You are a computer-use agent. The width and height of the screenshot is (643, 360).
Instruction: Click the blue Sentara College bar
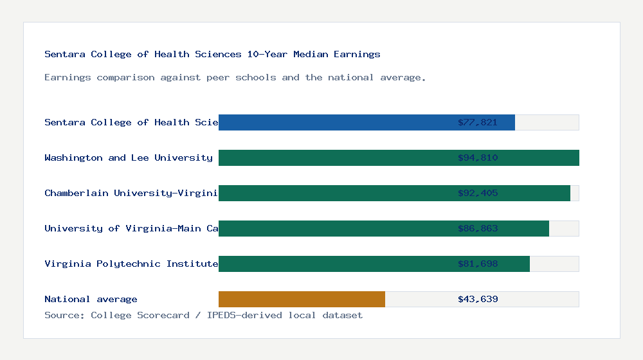coord(334,122)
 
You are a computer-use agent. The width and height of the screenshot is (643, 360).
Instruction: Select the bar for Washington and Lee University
coord(334,157)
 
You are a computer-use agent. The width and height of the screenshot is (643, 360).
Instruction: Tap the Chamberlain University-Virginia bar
coord(334,193)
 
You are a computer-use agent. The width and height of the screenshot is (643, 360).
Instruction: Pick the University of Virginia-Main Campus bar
coord(334,228)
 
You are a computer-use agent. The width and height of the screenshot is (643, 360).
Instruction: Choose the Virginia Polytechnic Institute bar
coord(334,264)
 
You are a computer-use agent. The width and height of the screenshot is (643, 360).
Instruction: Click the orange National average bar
coord(302,299)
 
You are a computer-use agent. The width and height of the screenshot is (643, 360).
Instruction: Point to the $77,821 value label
coord(478,122)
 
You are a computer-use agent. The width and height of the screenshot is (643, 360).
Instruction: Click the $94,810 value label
coord(478,157)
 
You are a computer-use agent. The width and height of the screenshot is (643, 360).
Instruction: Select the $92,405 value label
coord(478,193)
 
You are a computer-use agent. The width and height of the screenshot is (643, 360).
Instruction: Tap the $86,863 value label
coord(478,228)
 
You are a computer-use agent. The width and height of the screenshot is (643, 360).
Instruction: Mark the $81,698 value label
coord(478,264)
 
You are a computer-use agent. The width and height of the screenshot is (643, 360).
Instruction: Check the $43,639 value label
coord(478,299)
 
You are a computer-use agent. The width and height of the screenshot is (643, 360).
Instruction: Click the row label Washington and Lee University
coord(129,157)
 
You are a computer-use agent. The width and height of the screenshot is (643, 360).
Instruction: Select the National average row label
coord(91,299)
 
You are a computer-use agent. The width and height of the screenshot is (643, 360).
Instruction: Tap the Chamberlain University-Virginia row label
coord(131,193)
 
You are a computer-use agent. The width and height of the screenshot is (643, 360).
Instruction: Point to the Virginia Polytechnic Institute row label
coord(131,264)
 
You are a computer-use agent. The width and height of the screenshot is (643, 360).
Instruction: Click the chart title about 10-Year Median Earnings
coord(212,54)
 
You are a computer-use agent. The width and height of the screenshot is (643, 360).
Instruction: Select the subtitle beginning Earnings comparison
coord(235,77)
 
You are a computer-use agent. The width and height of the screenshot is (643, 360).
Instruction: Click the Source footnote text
coord(203,315)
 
